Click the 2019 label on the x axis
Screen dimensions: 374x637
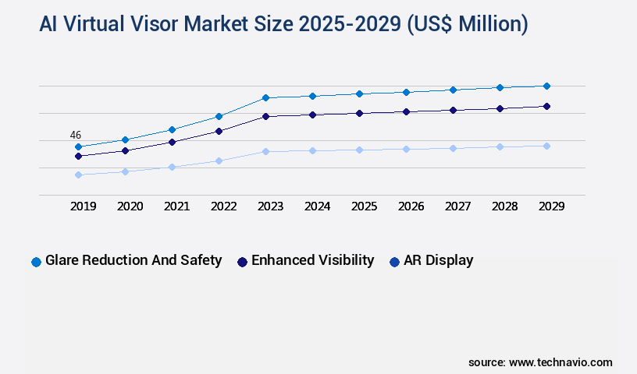(83, 206)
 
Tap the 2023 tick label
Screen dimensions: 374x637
(270, 206)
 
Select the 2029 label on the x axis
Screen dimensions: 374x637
(551, 206)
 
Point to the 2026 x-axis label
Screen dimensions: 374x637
(411, 206)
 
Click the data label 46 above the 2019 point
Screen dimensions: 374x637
(76, 135)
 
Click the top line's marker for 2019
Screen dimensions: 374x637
(78, 146)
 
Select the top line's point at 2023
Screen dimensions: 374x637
(265, 97)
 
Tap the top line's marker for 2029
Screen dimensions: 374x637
(546, 86)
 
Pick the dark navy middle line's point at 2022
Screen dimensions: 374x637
(219, 131)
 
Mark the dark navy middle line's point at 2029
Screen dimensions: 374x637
(546, 106)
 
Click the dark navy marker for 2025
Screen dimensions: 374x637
(359, 113)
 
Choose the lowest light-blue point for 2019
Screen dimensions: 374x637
(78, 175)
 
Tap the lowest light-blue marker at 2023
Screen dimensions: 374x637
(265, 151)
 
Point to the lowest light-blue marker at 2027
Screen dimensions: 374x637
(453, 148)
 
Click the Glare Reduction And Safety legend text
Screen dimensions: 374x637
(133, 260)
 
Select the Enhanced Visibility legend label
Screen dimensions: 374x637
(312, 260)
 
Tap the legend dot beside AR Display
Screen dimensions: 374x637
(394, 262)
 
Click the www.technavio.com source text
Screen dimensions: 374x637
(560, 362)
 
